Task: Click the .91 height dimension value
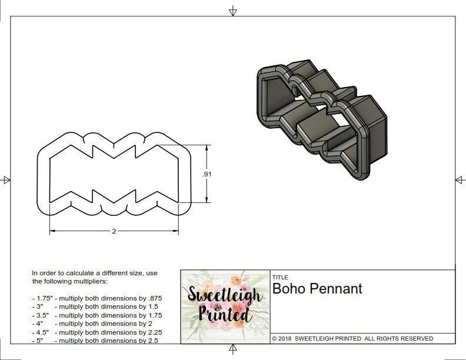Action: [207, 174]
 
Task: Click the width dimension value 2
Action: [114, 231]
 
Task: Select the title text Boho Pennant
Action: [317, 289]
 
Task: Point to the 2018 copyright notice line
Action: [352, 339]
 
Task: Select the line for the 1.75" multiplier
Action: [96, 298]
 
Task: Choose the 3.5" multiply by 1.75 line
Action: [96, 315]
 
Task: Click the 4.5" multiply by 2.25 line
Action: [96, 332]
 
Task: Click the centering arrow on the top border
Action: [233, 11]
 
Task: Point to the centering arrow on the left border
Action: [6, 180]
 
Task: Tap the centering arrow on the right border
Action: [460, 180]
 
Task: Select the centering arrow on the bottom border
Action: [233, 350]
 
